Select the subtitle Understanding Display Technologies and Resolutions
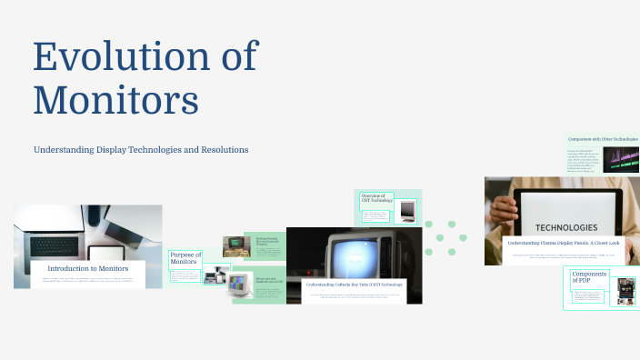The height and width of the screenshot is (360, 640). pyautogui.click(x=141, y=149)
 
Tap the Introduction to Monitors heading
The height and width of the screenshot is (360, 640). pyautogui.click(x=88, y=268)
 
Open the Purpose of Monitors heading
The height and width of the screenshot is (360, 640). pyautogui.click(x=185, y=259)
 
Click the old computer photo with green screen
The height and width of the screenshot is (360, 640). pyautogui.click(x=235, y=246)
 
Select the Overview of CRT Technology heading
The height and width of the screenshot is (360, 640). pyautogui.click(x=376, y=200)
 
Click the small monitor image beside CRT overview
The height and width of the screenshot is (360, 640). pyautogui.click(x=407, y=210)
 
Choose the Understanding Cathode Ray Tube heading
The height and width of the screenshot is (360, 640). pyautogui.click(x=354, y=285)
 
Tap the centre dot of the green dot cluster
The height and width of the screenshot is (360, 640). pyautogui.click(x=440, y=238)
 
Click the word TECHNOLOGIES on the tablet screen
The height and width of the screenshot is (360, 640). pyautogui.click(x=566, y=227)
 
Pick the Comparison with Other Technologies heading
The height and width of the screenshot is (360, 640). pyautogui.click(x=602, y=139)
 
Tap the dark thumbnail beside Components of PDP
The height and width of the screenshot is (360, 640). pyautogui.click(x=625, y=290)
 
